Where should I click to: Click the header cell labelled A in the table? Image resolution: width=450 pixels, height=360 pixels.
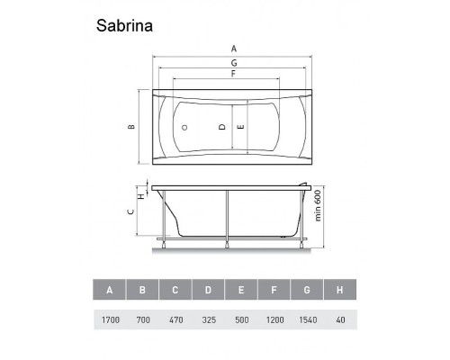[x=110, y=290]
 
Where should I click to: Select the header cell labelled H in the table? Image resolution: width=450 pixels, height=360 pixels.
[x=338, y=290]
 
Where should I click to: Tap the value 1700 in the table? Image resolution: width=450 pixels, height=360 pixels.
[x=110, y=319]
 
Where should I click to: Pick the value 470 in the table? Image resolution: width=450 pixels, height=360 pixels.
[x=175, y=319]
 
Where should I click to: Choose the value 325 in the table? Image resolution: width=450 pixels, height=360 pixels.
[x=208, y=319]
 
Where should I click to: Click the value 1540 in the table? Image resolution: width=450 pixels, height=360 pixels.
[x=306, y=319]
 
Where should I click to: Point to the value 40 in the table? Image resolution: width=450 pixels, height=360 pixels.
[x=338, y=319]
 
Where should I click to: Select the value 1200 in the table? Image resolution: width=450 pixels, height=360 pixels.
[x=274, y=319]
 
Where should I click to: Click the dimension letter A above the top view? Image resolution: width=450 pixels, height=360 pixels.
[x=234, y=48]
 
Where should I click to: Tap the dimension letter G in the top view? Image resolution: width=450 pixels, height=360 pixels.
[x=234, y=62]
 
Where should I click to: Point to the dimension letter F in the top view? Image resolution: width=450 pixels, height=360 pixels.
[x=234, y=74]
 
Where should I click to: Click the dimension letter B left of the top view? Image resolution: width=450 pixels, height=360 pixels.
[x=130, y=127]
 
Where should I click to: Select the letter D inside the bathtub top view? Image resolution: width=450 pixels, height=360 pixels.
[x=221, y=127]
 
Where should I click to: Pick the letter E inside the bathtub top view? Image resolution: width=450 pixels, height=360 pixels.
[x=240, y=127]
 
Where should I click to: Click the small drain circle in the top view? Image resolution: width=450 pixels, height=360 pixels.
[x=184, y=127]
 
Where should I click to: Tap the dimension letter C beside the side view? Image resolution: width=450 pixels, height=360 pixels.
[x=130, y=212]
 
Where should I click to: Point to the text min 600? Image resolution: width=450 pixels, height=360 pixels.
[x=319, y=212]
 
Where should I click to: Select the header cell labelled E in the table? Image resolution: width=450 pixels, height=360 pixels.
[x=240, y=290]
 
